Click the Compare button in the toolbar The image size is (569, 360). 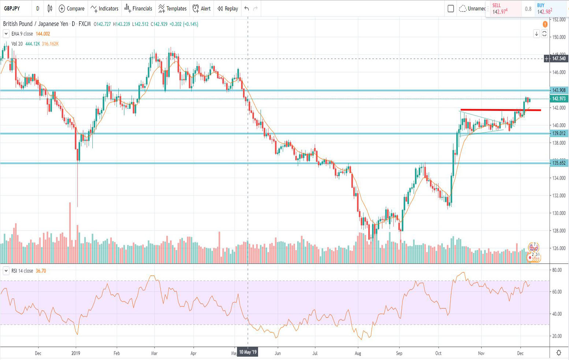(72, 8)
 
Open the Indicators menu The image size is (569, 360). (105, 8)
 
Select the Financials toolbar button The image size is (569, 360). (138, 8)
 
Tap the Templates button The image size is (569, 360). (172, 8)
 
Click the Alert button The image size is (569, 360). (202, 8)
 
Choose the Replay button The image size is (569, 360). (228, 8)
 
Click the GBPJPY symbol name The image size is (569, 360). (12, 8)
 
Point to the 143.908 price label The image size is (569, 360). (559, 90)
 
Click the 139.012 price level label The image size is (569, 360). (559, 134)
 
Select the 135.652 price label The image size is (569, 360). (559, 163)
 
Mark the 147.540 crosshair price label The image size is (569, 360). (559, 59)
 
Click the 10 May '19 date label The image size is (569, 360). (248, 352)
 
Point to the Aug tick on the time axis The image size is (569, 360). (358, 353)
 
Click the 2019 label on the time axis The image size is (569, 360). (76, 353)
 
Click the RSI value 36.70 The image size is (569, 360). (41, 271)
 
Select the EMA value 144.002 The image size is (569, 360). (43, 34)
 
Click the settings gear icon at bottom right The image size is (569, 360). (559, 353)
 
